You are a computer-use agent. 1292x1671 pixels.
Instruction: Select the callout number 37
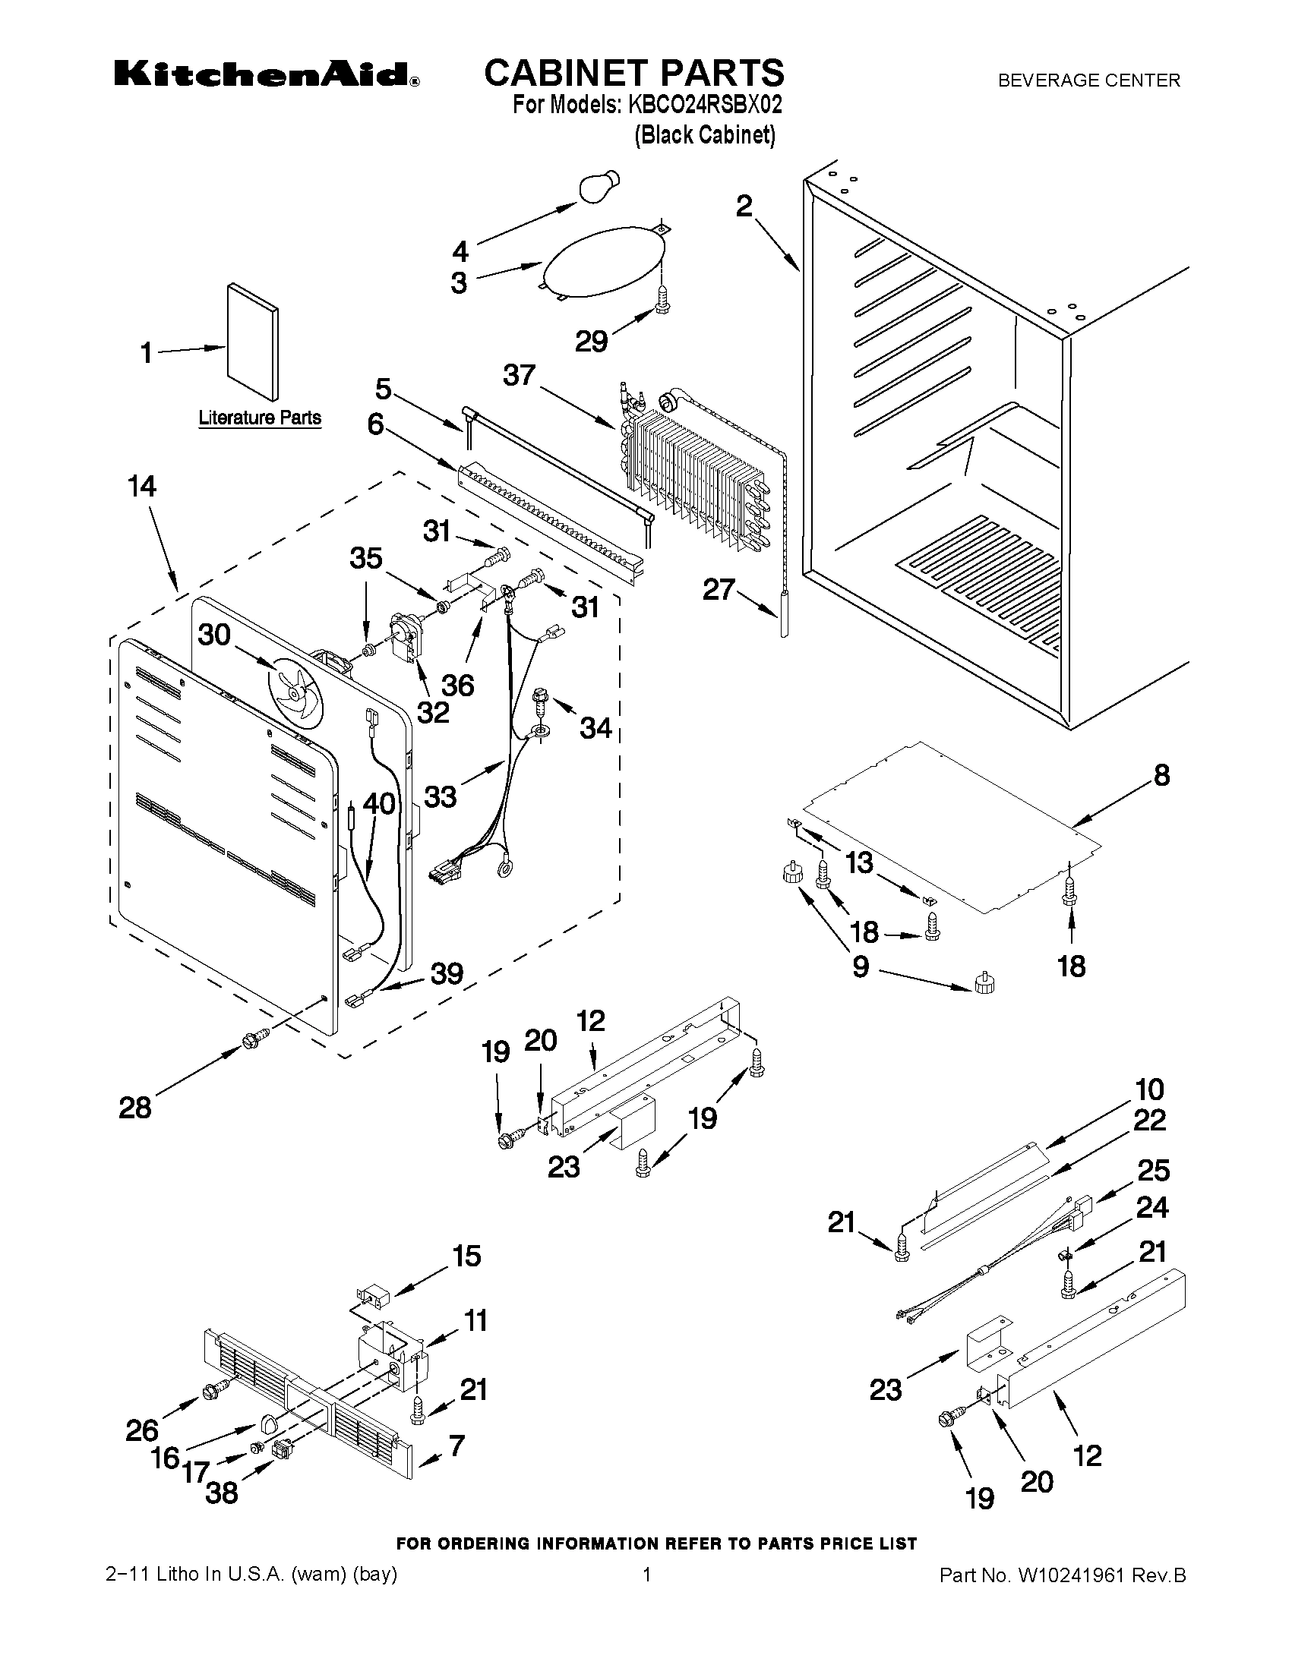coord(519,376)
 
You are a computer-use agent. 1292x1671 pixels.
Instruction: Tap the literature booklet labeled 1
coord(253,341)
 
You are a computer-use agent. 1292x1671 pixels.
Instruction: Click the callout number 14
coord(141,487)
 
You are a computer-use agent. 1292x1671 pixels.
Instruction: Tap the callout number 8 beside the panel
coord(1161,776)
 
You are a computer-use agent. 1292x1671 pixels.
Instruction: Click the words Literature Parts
coord(260,418)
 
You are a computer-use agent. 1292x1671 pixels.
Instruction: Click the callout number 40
coord(379,803)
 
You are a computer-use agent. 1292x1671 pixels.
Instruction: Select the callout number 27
coord(719,589)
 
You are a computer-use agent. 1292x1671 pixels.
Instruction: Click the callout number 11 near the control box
coord(475,1319)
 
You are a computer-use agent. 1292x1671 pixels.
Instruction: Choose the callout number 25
coord(1153,1171)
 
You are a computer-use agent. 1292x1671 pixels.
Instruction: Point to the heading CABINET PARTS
coord(633,73)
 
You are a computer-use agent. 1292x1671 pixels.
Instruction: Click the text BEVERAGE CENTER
coord(1088,80)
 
